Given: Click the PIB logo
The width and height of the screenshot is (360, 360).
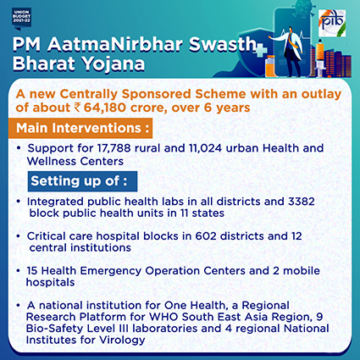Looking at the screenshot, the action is tap(332, 24).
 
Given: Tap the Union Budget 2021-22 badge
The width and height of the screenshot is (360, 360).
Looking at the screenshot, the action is tap(21, 19).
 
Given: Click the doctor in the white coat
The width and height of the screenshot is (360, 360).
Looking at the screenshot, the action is tap(290, 51).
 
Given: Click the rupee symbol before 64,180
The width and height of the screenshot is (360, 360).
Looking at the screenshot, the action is tap(77, 108).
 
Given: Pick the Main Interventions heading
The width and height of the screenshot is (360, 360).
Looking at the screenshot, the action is tap(82, 128).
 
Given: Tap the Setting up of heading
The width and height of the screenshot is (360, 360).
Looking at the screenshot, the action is tap(79, 181).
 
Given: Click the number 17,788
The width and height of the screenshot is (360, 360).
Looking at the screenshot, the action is tap(114, 148).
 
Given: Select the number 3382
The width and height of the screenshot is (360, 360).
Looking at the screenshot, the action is tap(302, 202).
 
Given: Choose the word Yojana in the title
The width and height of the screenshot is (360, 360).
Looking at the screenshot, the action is tap(114, 64).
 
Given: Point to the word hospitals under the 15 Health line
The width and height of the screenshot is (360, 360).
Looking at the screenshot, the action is tap(50, 282).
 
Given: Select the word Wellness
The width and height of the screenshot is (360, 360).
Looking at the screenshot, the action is tap(52, 161).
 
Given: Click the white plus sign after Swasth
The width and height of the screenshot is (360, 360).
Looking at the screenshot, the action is tap(260, 50).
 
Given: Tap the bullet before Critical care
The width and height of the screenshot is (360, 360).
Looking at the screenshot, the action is tap(19, 235).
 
